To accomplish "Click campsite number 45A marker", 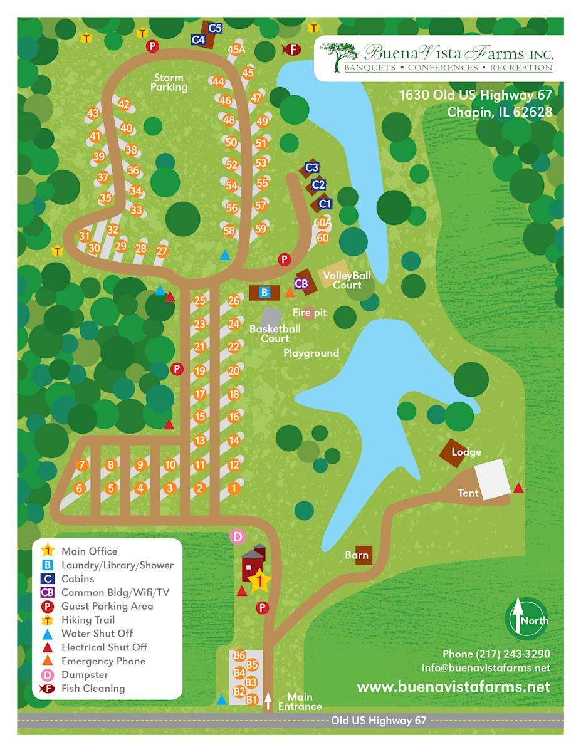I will [236, 50].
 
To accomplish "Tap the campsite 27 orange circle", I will [162, 251].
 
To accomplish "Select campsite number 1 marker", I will [234, 488].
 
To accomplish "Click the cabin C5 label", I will [215, 28].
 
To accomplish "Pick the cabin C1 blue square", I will [325, 204].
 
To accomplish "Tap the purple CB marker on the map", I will [301, 283].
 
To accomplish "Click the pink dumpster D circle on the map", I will [237, 536].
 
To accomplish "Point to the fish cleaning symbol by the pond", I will [291, 48].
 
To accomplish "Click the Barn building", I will [362, 555].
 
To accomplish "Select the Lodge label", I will [466, 452].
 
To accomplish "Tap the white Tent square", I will [492, 479].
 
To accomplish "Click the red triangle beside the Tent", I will [518, 488].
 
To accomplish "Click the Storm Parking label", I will [169, 83].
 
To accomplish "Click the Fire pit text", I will [310, 312].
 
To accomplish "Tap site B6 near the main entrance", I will [239, 655].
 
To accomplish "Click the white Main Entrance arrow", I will [268, 701].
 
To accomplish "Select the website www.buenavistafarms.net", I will [453, 687].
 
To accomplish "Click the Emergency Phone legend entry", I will [103, 661].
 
